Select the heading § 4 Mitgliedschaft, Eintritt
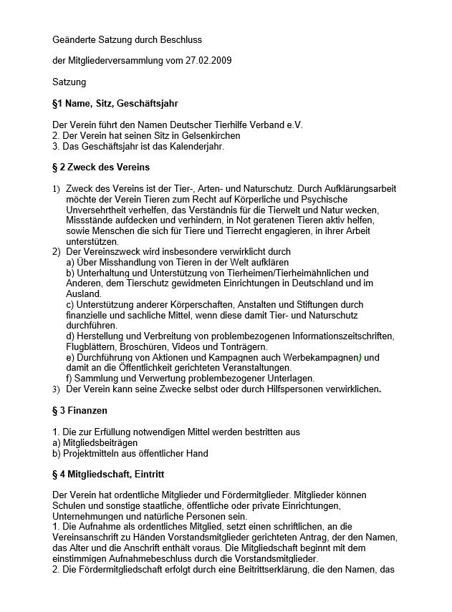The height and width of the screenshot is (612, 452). coord(113,475)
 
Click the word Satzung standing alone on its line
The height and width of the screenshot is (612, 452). coord(69,82)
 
